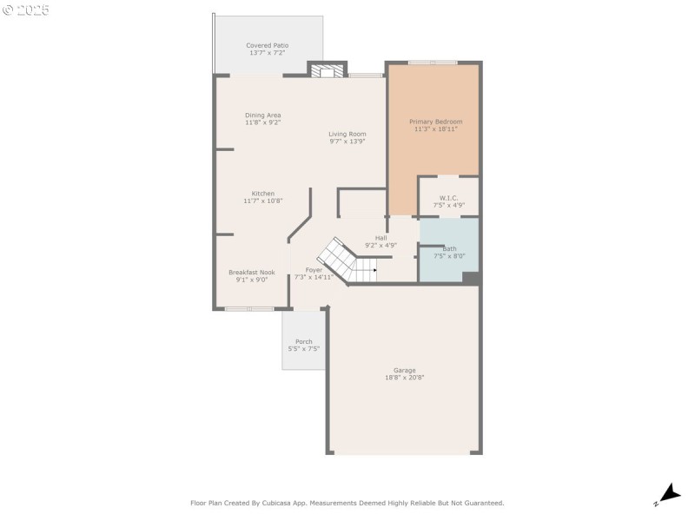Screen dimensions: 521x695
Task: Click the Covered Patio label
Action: pos(267,45)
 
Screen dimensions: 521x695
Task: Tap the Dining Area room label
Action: pos(262,115)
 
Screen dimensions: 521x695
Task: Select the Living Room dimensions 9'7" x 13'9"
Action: pos(347,142)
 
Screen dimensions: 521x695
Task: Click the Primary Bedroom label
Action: pos(435,122)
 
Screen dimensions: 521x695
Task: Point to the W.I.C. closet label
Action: pos(448,198)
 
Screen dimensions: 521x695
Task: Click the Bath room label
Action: pos(449,248)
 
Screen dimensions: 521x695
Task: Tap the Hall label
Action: pos(381,238)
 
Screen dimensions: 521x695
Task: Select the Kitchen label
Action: pos(263,194)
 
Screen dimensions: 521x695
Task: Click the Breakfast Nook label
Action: pos(251,272)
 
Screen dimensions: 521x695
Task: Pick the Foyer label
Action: pos(314,270)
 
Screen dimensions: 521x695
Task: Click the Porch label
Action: pos(304,341)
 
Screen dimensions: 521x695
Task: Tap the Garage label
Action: pos(404,370)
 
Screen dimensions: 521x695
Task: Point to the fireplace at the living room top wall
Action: pos(328,72)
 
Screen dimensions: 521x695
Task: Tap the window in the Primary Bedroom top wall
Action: pos(433,63)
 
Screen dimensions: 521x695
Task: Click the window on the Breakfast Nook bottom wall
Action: pos(249,308)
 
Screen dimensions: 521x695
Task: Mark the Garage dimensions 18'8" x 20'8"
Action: pos(404,378)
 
